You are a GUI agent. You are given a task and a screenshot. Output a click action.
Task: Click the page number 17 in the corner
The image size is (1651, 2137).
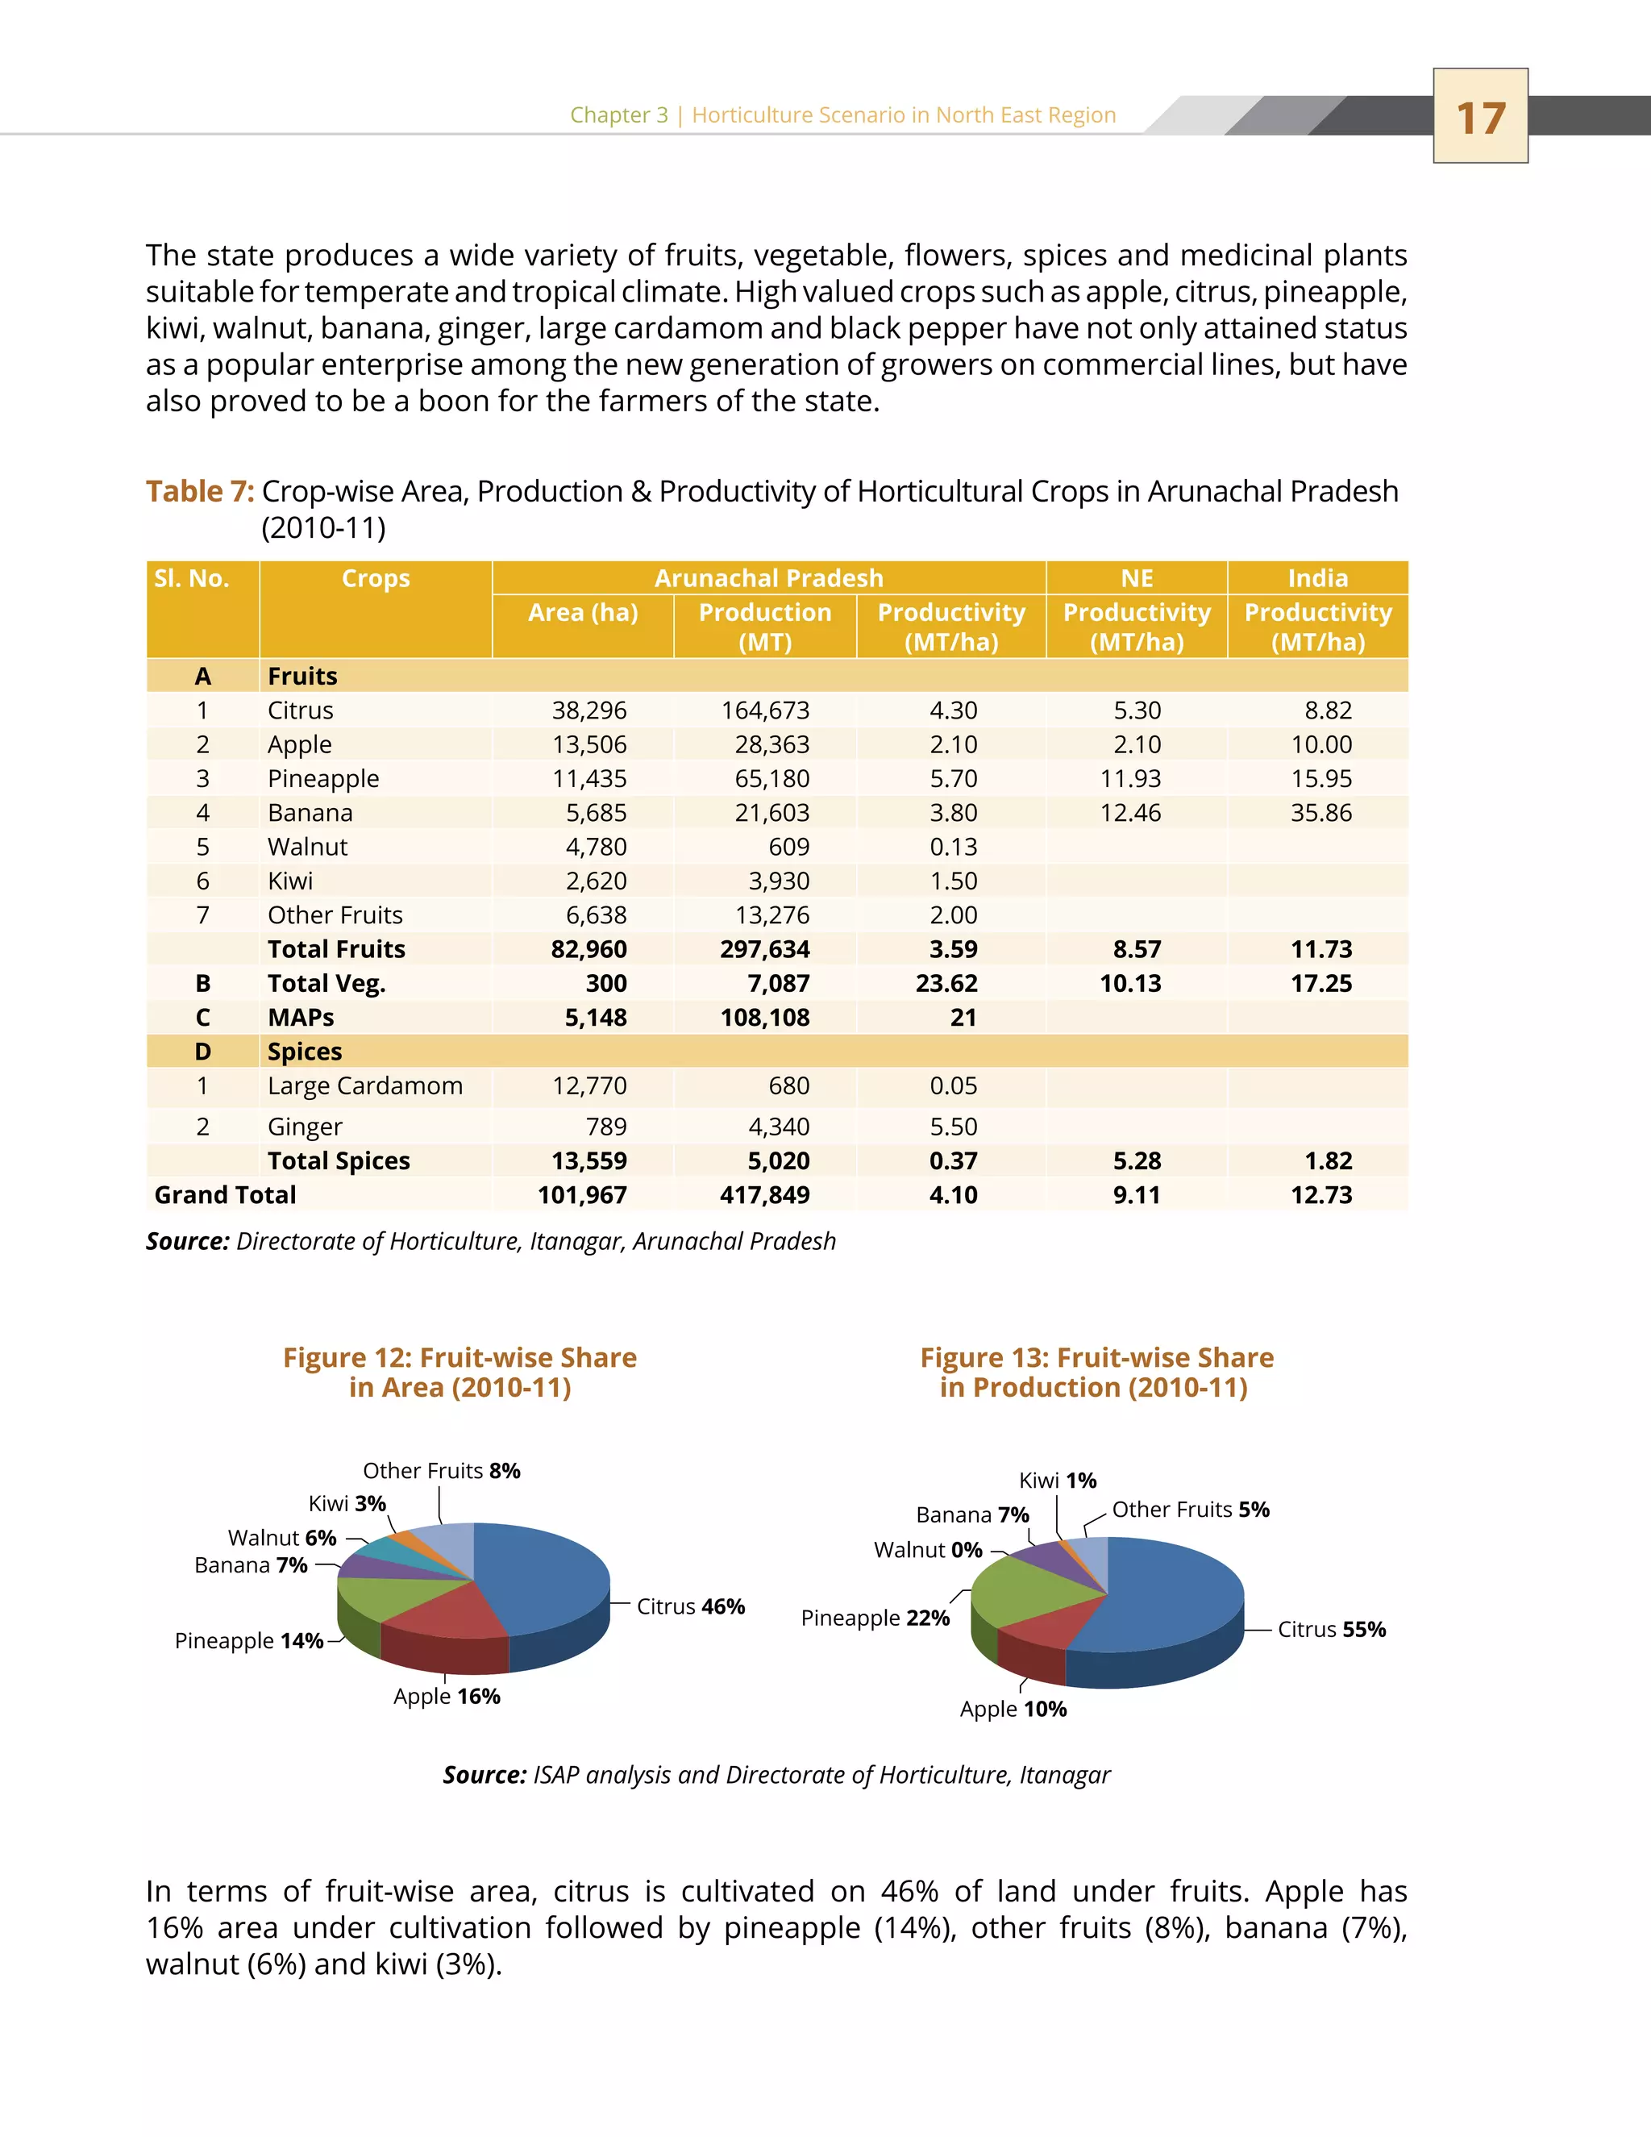pos(1480,118)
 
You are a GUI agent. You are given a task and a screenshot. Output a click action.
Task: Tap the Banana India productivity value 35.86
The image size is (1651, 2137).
pos(1320,813)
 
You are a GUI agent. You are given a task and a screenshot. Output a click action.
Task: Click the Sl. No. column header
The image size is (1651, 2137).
pos(192,578)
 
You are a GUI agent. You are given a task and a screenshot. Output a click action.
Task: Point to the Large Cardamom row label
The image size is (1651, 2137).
pos(365,1086)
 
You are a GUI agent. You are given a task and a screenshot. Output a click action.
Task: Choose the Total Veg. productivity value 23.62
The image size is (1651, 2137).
pos(946,983)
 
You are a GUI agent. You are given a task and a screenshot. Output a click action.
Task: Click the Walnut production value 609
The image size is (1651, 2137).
pos(788,848)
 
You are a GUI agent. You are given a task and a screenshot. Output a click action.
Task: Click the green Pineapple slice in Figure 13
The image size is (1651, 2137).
pos(1027,1590)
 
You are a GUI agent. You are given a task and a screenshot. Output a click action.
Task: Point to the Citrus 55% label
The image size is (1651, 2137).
pos(1331,1629)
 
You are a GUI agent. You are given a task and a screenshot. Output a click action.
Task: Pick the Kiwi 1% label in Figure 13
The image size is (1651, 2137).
pos(1058,1481)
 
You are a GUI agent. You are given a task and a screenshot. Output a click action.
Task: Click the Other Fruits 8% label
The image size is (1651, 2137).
pos(441,1471)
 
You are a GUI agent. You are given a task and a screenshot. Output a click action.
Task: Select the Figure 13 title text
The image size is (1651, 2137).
pos(1096,1372)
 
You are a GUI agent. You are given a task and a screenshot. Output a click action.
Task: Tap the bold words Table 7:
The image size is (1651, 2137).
pos(200,491)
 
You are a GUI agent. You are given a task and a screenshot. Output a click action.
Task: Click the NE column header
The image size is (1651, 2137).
pos(1137,578)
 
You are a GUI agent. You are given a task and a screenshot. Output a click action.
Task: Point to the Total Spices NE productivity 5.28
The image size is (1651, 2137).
pos(1137,1161)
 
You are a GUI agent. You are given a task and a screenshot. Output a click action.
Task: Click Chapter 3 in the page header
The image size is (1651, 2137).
pos(618,115)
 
